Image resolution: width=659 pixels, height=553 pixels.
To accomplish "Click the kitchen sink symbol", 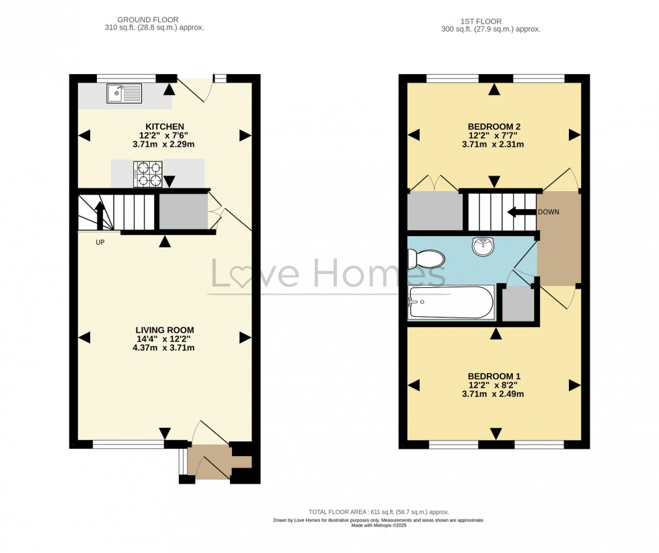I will coord(124,94).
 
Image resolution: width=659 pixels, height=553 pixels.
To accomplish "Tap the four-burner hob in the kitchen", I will coord(147,174).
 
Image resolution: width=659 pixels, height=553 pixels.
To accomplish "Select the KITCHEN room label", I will coord(165,126).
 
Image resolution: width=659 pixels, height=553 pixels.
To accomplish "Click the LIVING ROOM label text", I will coord(165,330).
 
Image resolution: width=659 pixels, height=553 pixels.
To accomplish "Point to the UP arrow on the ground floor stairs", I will coord(100,215).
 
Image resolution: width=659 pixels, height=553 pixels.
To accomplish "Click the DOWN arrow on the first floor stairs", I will coord(520,213).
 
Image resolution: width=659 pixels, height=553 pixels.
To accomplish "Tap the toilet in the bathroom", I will coord(426,258).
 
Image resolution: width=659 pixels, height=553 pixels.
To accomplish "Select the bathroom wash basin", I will coord(483,247).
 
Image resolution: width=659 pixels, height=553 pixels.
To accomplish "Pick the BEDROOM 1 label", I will coord(494,376).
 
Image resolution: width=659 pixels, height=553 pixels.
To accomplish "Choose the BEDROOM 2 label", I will coord(494,126).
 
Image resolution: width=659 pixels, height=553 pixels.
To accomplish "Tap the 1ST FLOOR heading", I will coord(491,21).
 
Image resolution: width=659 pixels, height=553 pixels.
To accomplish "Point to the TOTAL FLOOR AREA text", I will coord(379,512).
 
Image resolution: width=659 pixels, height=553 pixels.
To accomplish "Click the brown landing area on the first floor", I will coord(558,239).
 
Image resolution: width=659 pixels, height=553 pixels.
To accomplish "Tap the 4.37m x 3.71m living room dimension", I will coord(165,348).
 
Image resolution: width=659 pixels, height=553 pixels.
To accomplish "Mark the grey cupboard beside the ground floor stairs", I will coord(183,212).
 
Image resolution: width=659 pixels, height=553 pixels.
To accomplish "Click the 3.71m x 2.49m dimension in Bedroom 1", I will coord(494,394).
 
